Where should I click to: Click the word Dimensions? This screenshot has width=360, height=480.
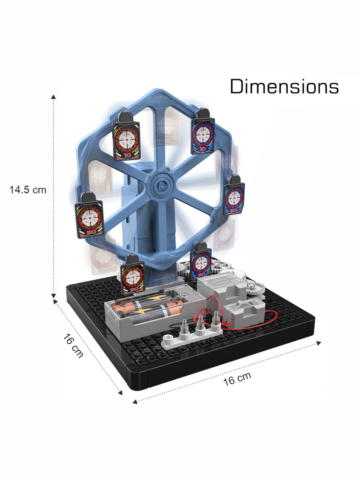pyautogui.click(x=284, y=86)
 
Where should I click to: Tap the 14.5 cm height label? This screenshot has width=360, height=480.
pyautogui.click(x=28, y=190)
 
